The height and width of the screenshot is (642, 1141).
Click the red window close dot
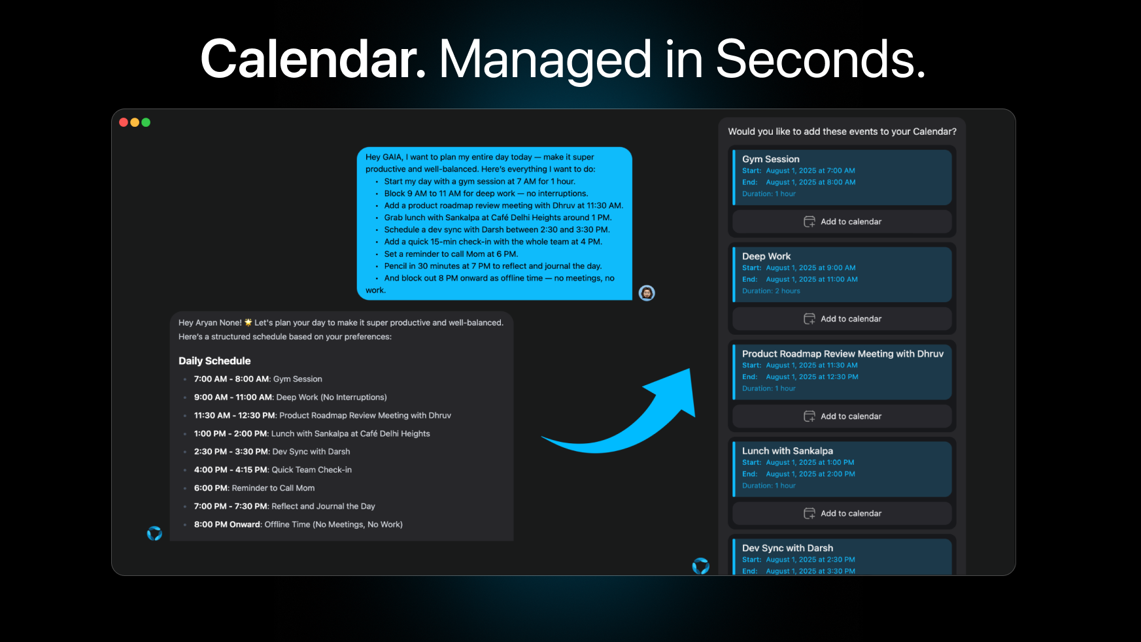click(x=124, y=122)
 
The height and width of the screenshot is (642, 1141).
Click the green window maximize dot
click(x=146, y=122)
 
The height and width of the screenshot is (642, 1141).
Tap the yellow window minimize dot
click(x=135, y=122)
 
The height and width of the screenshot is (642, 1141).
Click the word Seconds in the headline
click(x=821, y=59)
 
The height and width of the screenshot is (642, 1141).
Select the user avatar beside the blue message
click(x=647, y=293)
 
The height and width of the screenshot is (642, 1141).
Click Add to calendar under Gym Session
click(x=842, y=222)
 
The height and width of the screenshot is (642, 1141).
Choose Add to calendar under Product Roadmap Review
click(x=842, y=416)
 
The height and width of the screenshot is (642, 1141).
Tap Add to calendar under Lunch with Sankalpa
click(x=842, y=513)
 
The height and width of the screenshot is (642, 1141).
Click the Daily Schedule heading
click(x=214, y=361)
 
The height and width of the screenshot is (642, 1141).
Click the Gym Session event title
click(x=771, y=159)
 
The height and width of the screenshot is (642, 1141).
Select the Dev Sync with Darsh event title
click(x=787, y=548)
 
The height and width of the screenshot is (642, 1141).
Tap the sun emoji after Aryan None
click(x=248, y=322)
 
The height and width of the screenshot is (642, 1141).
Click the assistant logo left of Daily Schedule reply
click(x=154, y=533)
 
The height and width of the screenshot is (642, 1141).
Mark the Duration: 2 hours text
click(x=771, y=291)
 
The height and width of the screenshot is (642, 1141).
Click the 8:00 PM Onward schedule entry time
click(x=227, y=524)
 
